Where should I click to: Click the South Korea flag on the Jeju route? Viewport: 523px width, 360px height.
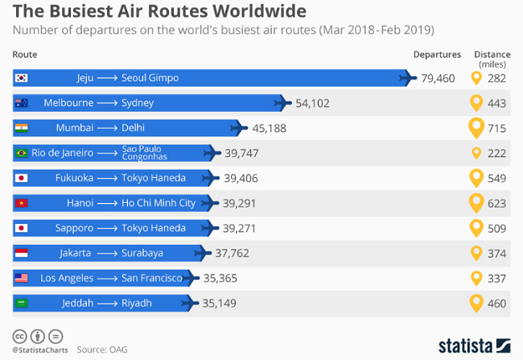pos(22,78)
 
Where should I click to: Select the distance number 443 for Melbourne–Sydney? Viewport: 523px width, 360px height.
pos(496,103)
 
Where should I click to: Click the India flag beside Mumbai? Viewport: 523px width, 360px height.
pos(22,128)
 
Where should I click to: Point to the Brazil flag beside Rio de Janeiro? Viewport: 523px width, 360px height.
pos(22,153)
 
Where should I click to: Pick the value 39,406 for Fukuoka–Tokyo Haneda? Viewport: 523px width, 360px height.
pos(241,178)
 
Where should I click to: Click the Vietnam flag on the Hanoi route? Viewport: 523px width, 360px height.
pos(22,203)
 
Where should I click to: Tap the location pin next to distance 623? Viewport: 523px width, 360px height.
pos(476,203)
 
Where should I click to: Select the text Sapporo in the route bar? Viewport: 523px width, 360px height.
pos(75,228)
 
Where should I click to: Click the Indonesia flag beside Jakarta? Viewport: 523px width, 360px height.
pos(22,253)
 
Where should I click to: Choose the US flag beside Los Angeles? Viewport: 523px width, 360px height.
pos(22,278)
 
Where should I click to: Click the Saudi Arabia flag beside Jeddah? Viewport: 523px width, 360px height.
pos(22,303)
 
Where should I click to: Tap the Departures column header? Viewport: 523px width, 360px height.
pos(437,55)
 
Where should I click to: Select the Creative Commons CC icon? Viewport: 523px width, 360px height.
pos(19,336)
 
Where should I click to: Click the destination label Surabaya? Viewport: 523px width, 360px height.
pos(142,253)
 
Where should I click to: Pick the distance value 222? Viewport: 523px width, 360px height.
pos(496,153)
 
